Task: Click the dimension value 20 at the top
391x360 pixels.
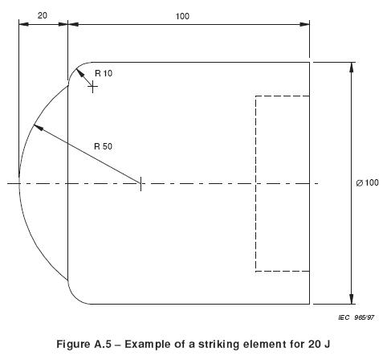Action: click(x=42, y=15)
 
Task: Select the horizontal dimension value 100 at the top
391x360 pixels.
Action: click(x=182, y=16)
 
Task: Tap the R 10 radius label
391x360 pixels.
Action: click(x=104, y=73)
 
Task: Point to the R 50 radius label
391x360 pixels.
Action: click(x=103, y=146)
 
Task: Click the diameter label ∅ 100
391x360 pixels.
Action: click(x=367, y=182)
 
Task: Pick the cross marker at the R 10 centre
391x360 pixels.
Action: click(x=92, y=87)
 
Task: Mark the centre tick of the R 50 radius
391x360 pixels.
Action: click(x=141, y=184)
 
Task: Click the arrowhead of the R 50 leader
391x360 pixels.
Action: click(x=38, y=127)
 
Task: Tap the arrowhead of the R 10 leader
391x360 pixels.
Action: click(x=80, y=72)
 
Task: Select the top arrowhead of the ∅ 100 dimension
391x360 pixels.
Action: click(x=352, y=67)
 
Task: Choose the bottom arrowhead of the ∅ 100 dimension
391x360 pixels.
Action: click(x=352, y=299)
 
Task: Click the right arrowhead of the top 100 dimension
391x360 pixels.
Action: click(x=304, y=24)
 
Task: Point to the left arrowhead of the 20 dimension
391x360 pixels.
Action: click(x=23, y=24)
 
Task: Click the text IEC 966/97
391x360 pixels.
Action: click(x=356, y=317)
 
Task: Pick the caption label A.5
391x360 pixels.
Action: click(x=102, y=344)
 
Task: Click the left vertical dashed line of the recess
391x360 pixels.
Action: click(x=255, y=183)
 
